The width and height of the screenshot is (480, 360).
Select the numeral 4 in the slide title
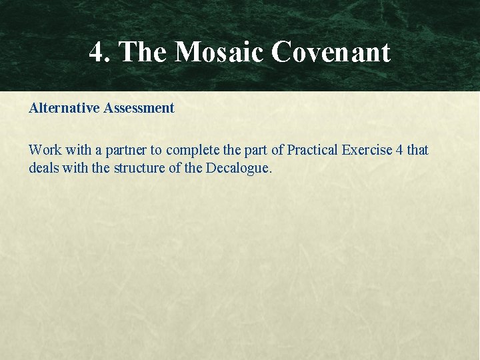coord(97,52)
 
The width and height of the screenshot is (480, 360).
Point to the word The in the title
coord(143,52)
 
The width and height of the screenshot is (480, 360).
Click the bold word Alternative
coord(65,108)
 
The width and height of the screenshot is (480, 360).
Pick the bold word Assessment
coord(139,108)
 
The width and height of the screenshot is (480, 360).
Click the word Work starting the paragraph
coord(43,150)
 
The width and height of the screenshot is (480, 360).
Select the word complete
coord(191,150)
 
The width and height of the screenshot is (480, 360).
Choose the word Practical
coord(313,150)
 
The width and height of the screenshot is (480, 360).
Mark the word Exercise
coord(367,150)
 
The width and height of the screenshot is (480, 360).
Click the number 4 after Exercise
coord(399,150)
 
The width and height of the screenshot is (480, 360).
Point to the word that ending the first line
coord(418,150)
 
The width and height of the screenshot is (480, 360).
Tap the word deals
coord(43,168)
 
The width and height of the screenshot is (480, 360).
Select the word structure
coord(139,168)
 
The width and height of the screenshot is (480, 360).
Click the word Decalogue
coord(238,168)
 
